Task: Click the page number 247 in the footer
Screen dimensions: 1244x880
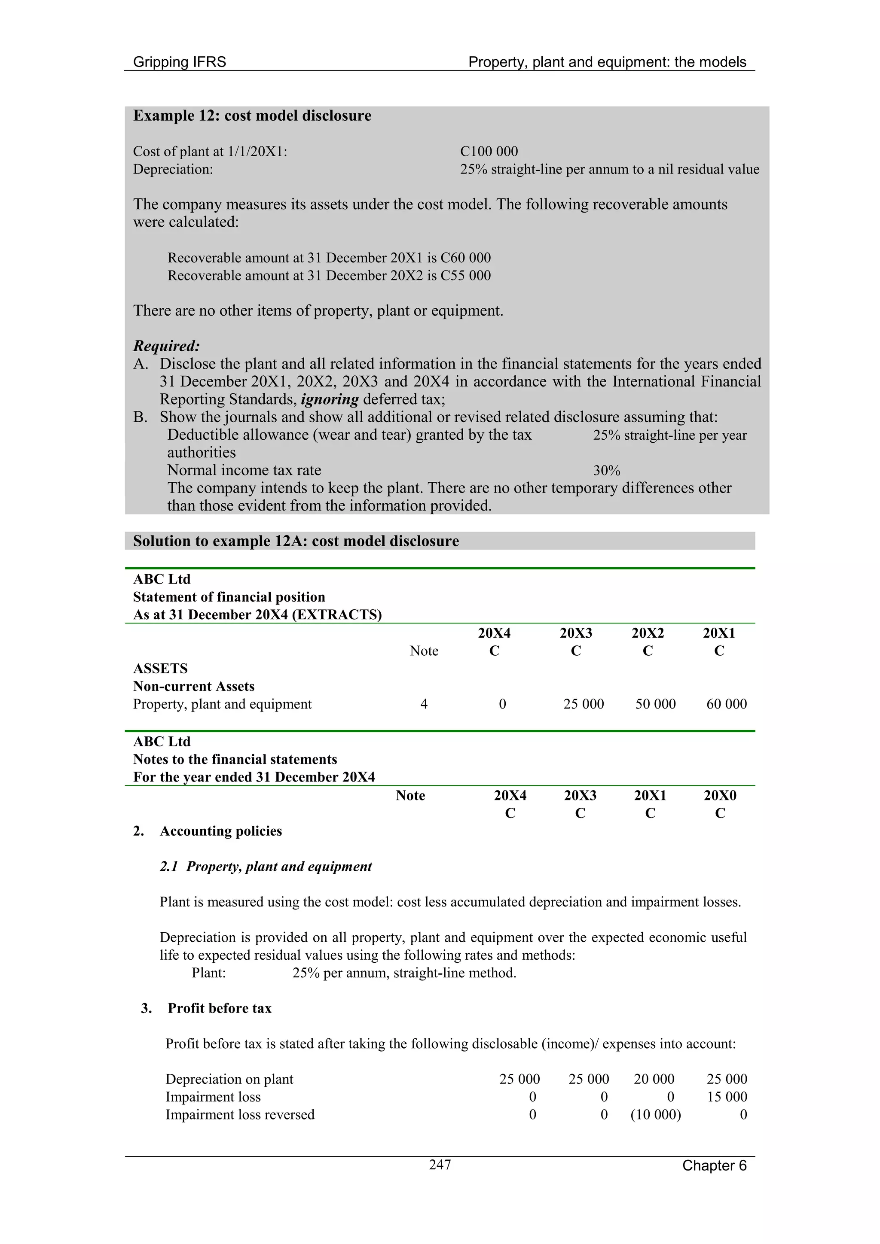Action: [x=440, y=1165]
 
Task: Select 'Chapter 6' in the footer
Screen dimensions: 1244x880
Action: [x=714, y=1165]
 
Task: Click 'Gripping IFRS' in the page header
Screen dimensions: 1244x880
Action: [x=180, y=62]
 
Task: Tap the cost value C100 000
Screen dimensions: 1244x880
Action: [x=489, y=151]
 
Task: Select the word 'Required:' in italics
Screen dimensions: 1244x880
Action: [x=166, y=346]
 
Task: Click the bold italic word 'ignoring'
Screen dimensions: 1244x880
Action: [x=330, y=399]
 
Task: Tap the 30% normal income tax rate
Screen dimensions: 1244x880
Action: [x=606, y=470]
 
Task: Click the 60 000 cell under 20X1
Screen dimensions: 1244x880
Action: [x=726, y=704]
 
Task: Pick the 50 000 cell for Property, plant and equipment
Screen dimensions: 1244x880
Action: [x=655, y=704]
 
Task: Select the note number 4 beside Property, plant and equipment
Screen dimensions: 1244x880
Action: [x=424, y=704]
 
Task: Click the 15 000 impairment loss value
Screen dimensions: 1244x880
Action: [x=727, y=1097]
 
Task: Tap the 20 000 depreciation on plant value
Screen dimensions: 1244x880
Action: [x=654, y=1079]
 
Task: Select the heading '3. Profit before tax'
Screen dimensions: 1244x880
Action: [x=206, y=1008]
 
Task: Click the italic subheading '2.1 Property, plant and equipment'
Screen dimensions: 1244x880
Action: [x=266, y=867]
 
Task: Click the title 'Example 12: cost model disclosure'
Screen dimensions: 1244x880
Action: [x=252, y=116]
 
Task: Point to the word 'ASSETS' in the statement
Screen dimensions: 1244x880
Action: [x=161, y=668]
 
